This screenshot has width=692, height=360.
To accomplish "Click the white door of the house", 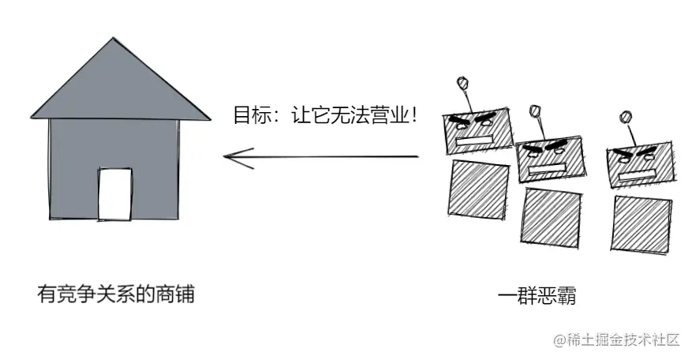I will [114, 194].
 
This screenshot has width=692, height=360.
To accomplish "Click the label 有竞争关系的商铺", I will [115, 295].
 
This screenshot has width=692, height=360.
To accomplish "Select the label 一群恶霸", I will [537, 297].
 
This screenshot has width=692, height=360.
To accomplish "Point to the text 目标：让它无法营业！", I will [324, 114].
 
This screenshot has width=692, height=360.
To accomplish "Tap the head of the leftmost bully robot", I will [477, 129].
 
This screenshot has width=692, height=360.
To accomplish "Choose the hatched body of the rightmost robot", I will [641, 225].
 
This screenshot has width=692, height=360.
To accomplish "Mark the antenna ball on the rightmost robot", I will [627, 117].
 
